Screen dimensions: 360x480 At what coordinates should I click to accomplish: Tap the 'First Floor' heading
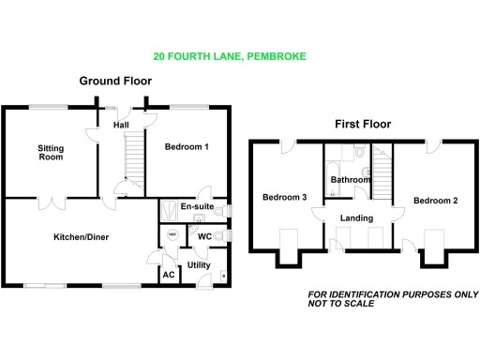click(363, 124)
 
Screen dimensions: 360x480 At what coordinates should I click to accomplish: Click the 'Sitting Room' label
click(51, 153)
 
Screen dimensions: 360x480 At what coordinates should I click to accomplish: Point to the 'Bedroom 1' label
click(187, 147)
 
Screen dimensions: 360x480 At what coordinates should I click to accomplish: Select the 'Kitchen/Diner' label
click(81, 237)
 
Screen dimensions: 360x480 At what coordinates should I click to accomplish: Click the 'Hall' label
click(121, 124)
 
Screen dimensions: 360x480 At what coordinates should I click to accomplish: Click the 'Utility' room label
click(199, 266)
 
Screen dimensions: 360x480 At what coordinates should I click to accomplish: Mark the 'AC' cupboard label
click(169, 275)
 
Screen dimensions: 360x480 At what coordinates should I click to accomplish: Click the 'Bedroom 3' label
click(284, 197)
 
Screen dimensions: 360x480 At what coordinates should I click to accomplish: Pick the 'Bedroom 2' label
click(435, 201)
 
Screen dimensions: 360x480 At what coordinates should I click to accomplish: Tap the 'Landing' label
click(357, 218)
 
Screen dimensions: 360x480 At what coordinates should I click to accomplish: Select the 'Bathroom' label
click(351, 179)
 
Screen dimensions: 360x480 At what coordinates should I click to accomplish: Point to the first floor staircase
click(382, 173)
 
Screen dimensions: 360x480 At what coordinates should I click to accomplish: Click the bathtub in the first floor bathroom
click(333, 175)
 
